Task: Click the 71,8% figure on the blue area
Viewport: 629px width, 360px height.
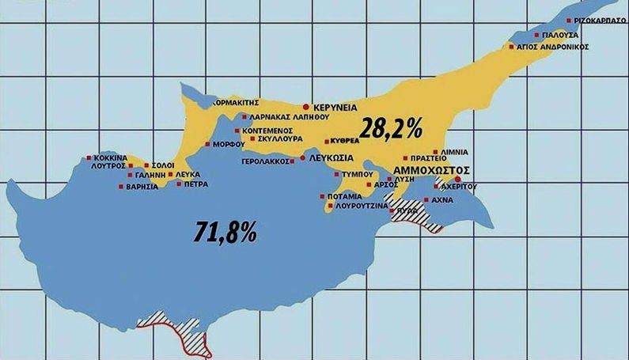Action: [x=225, y=231]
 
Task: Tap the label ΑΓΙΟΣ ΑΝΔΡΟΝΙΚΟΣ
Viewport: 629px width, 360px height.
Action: [x=555, y=47]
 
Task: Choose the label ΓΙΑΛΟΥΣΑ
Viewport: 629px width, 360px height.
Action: [x=562, y=36]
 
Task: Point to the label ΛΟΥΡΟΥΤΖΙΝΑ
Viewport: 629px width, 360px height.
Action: [x=362, y=206]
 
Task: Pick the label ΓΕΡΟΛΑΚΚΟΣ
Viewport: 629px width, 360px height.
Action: [x=265, y=161]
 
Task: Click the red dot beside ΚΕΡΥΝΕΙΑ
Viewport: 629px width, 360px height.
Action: [x=306, y=106]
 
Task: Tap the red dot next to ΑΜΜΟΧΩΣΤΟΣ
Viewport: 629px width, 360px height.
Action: [x=458, y=178]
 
